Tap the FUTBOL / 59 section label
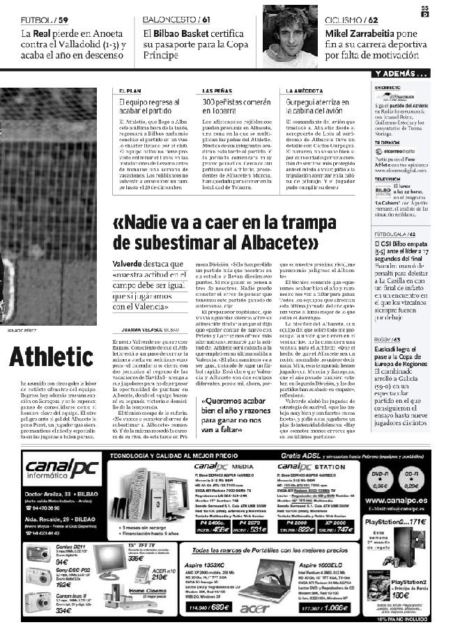click(x=45, y=19)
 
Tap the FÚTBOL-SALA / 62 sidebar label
click(x=396, y=235)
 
